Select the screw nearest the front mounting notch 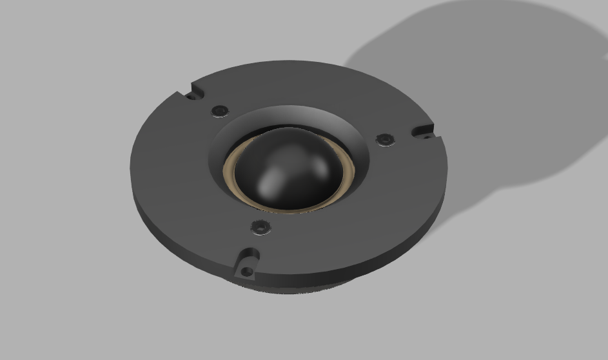click(260, 226)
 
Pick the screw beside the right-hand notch click(384, 139)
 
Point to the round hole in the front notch click(246, 270)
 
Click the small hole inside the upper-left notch click(191, 97)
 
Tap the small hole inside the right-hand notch click(426, 135)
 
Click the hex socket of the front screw click(260, 226)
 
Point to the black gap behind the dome click(277, 126)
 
